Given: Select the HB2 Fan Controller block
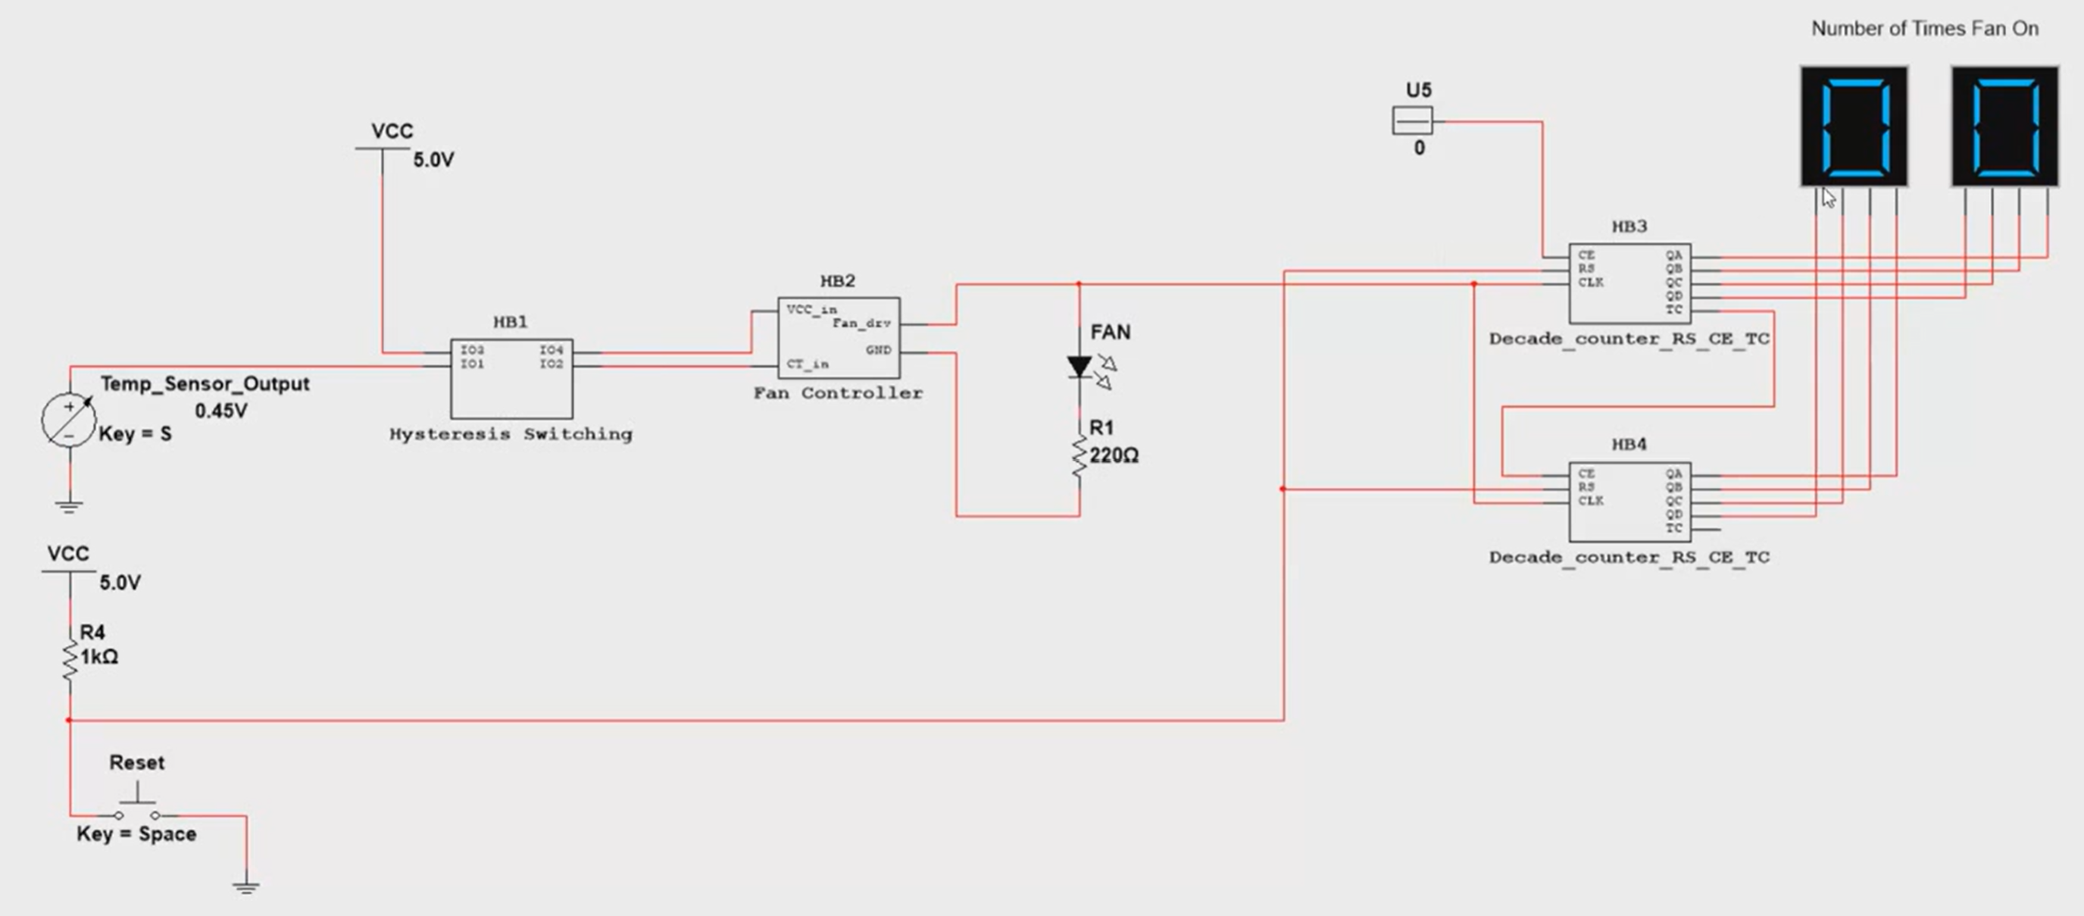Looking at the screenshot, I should [x=838, y=338].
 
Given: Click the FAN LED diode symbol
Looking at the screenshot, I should [x=1079, y=367].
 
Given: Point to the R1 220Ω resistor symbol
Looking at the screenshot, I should [x=1079, y=457].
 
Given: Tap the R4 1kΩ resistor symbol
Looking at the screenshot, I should [x=70, y=662].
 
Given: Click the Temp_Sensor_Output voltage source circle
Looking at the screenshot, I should [x=69, y=420].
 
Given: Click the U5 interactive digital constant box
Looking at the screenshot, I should [x=1413, y=121].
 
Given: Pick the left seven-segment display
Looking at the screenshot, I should [x=1854, y=127].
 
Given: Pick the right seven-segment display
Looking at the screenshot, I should [x=2004, y=127].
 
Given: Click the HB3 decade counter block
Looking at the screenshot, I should [x=1629, y=283].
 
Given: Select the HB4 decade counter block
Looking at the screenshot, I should [x=1629, y=502].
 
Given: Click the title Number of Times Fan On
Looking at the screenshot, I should [x=1924, y=29].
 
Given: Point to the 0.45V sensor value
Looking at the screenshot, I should [x=221, y=411].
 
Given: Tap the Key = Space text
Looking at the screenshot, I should [x=136, y=834].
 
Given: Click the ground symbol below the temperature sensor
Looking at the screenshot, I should [x=69, y=508].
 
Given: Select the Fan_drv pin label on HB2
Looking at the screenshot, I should [x=861, y=324].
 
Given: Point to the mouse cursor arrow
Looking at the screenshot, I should [x=1827, y=198].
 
